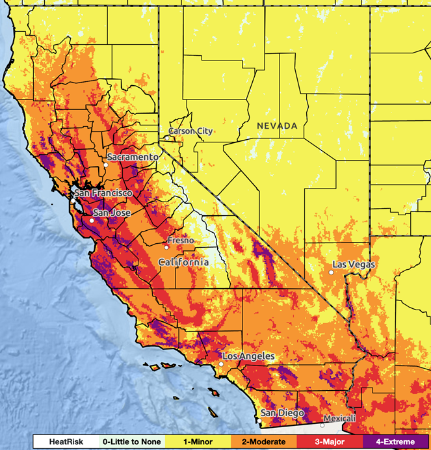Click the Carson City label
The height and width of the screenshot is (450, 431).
click(x=190, y=131)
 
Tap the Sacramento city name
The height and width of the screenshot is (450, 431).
click(x=133, y=157)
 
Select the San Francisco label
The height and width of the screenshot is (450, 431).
click(x=103, y=193)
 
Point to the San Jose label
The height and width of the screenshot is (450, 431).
click(x=112, y=213)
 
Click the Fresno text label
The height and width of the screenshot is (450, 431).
click(x=181, y=241)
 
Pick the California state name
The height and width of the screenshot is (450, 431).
click(x=184, y=262)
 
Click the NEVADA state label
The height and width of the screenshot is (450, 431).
click(x=277, y=126)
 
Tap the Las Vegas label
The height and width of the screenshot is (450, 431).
click(x=354, y=264)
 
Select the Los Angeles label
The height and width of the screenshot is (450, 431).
click(x=248, y=356)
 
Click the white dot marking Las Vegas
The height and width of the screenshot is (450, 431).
click(x=331, y=272)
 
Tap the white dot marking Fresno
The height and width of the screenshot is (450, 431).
click(x=166, y=247)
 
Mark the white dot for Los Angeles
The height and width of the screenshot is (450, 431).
click(x=221, y=365)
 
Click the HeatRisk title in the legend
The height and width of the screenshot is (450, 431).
click(x=66, y=442)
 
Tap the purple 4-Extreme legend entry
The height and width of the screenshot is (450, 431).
click(x=391, y=442)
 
